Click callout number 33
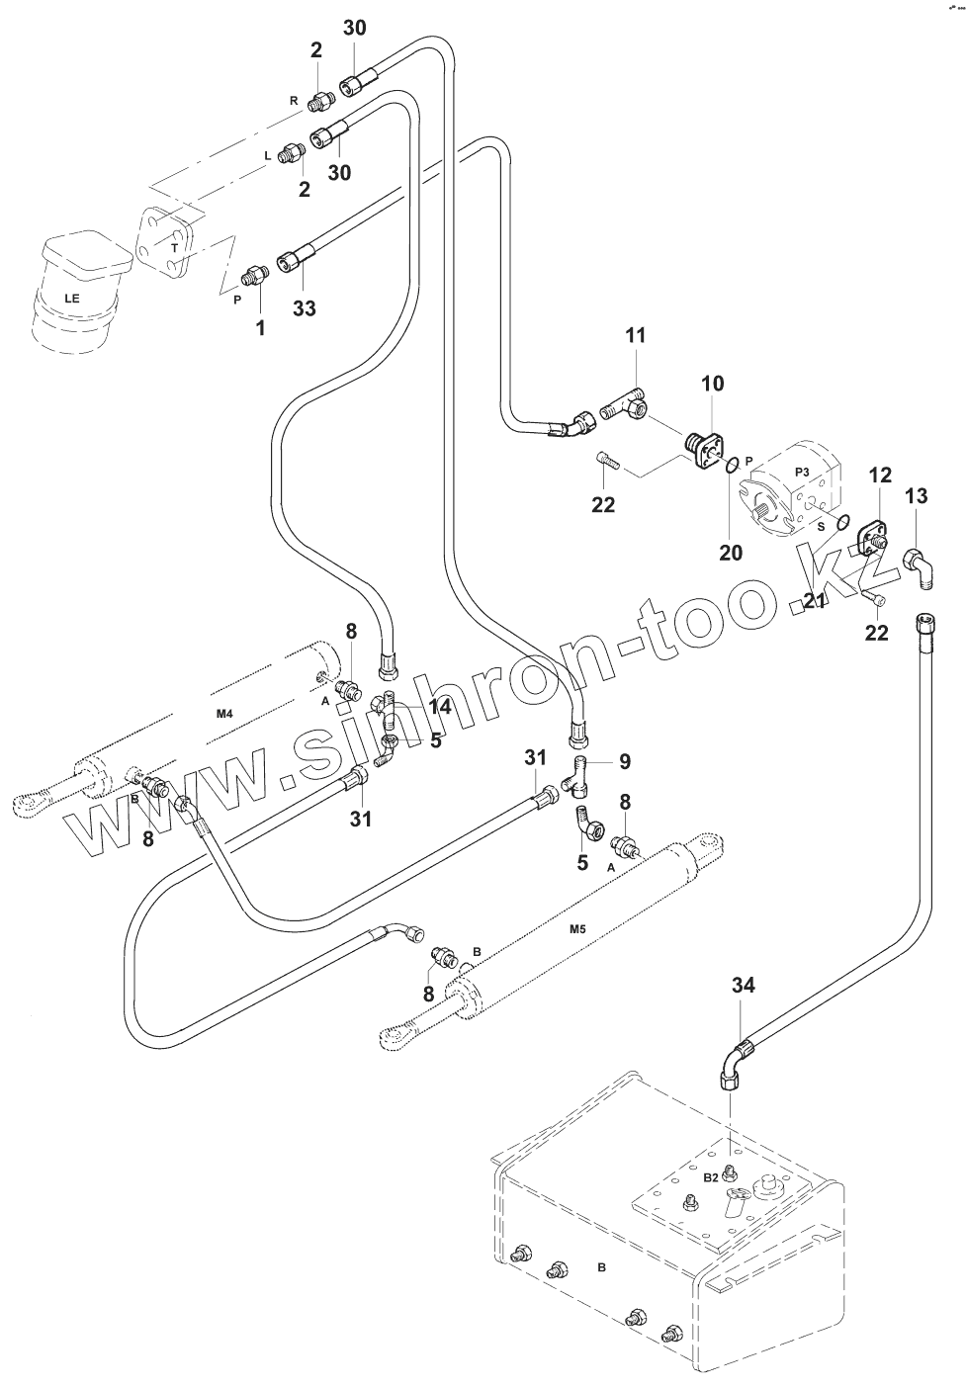(304, 308)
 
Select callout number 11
(635, 336)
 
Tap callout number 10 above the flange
(713, 384)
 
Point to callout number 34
(744, 985)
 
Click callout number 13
(917, 495)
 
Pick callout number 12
(881, 476)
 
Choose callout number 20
(730, 553)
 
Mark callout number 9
(625, 762)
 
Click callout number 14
(440, 707)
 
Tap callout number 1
(261, 327)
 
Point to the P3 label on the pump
(802, 472)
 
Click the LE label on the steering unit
(72, 297)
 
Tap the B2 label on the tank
(710, 1177)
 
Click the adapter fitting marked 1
(256, 274)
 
